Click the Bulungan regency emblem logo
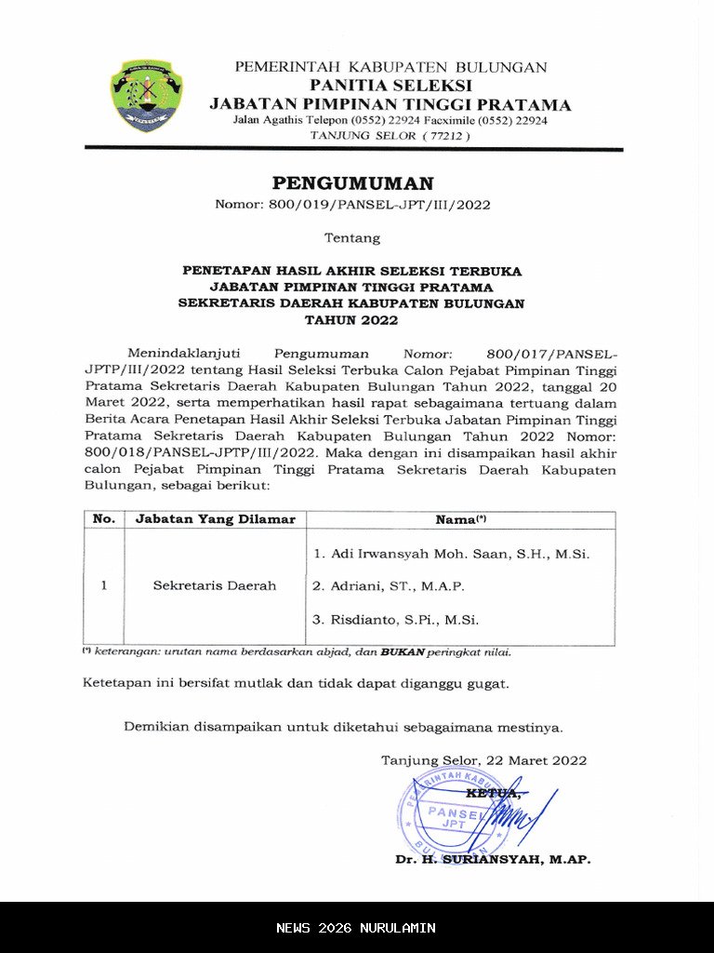click(x=146, y=95)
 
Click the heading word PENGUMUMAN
click(x=352, y=183)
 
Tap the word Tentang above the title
click(x=352, y=238)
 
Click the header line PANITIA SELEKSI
click(x=390, y=86)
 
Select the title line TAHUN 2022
click(x=352, y=320)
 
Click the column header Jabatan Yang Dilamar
click(x=215, y=519)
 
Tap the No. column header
click(x=104, y=519)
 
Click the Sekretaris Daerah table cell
click(x=215, y=586)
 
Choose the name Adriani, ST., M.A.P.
click(x=389, y=586)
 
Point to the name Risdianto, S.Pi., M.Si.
click(x=396, y=619)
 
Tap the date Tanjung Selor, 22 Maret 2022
click(x=483, y=760)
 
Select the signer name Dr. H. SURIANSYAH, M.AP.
click(x=492, y=860)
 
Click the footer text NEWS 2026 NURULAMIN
click(x=356, y=928)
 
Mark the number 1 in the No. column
click(x=104, y=586)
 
